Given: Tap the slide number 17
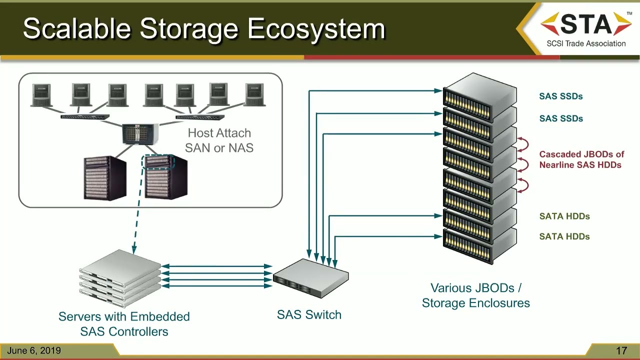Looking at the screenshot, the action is click(x=621, y=350).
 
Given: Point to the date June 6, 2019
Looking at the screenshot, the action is click(x=34, y=350).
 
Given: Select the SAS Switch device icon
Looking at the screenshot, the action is click(x=310, y=278).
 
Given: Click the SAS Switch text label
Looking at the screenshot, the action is click(x=309, y=314).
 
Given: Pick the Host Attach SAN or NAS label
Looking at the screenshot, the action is click(x=219, y=140).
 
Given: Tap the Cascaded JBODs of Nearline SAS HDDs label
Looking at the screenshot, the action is click(x=581, y=159).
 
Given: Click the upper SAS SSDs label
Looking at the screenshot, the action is click(x=561, y=96).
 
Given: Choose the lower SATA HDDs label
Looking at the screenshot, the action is click(x=564, y=236).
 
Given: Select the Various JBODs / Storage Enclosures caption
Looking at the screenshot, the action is click(x=475, y=295).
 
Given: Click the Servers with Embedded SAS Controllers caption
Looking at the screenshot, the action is click(x=124, y=324).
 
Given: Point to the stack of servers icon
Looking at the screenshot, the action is click(x=120, y=278).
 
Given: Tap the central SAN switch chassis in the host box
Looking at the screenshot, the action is click(x=140, y=134).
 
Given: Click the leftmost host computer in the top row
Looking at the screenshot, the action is click(x=41, y=95).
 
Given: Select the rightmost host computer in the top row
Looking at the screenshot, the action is click(x=254, y=95).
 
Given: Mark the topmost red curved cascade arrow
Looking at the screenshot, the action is click(x=523, y=144).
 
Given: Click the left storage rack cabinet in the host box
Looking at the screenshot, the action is click(x=105, y=177).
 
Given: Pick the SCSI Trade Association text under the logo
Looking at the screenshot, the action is click(x=586, y=43).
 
